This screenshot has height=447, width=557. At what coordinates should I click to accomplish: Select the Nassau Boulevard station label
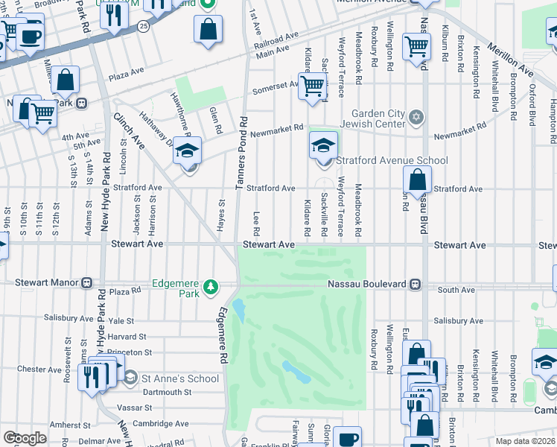[x=369, y=284]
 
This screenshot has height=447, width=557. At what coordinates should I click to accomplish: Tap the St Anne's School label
[x=182, y=378]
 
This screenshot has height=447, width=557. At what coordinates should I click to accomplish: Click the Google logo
[x=25, y=438]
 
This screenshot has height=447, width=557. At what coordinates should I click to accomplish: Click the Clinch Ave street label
[x=129, y=129]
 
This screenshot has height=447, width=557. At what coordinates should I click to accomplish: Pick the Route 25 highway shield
[x=144, y=25]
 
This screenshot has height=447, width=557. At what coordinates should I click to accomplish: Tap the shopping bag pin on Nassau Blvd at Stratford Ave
[x=418, y=181]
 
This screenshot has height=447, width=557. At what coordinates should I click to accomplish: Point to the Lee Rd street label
[x=256, y=222]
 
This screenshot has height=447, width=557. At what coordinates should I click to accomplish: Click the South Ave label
[x=456, y=289]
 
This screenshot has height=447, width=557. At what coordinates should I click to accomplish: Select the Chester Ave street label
[x=33, y=369]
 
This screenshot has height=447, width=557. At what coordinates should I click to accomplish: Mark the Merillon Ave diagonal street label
[x=510, y=59]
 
